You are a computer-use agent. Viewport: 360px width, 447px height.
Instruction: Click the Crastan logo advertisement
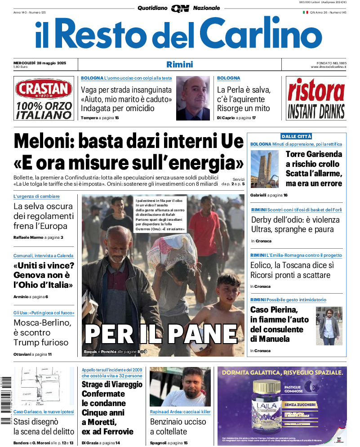pos(43,98)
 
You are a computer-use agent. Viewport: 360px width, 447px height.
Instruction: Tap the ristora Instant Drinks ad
pos(316,98)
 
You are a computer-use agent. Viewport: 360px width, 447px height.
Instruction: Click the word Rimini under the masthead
pos(179,64)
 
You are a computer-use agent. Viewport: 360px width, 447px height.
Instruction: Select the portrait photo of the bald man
pos(193,98)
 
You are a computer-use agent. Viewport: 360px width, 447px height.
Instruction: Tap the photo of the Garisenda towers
pos(264,169)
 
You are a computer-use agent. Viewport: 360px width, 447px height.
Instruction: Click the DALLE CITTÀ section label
pos(296,136)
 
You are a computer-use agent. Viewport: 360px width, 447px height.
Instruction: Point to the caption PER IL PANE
pos(161,334)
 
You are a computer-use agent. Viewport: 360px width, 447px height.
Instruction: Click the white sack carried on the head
pos(172,250)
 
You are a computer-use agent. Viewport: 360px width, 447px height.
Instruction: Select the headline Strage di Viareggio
pos(112,384)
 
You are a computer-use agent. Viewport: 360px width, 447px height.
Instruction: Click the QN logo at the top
pos(180,8)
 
